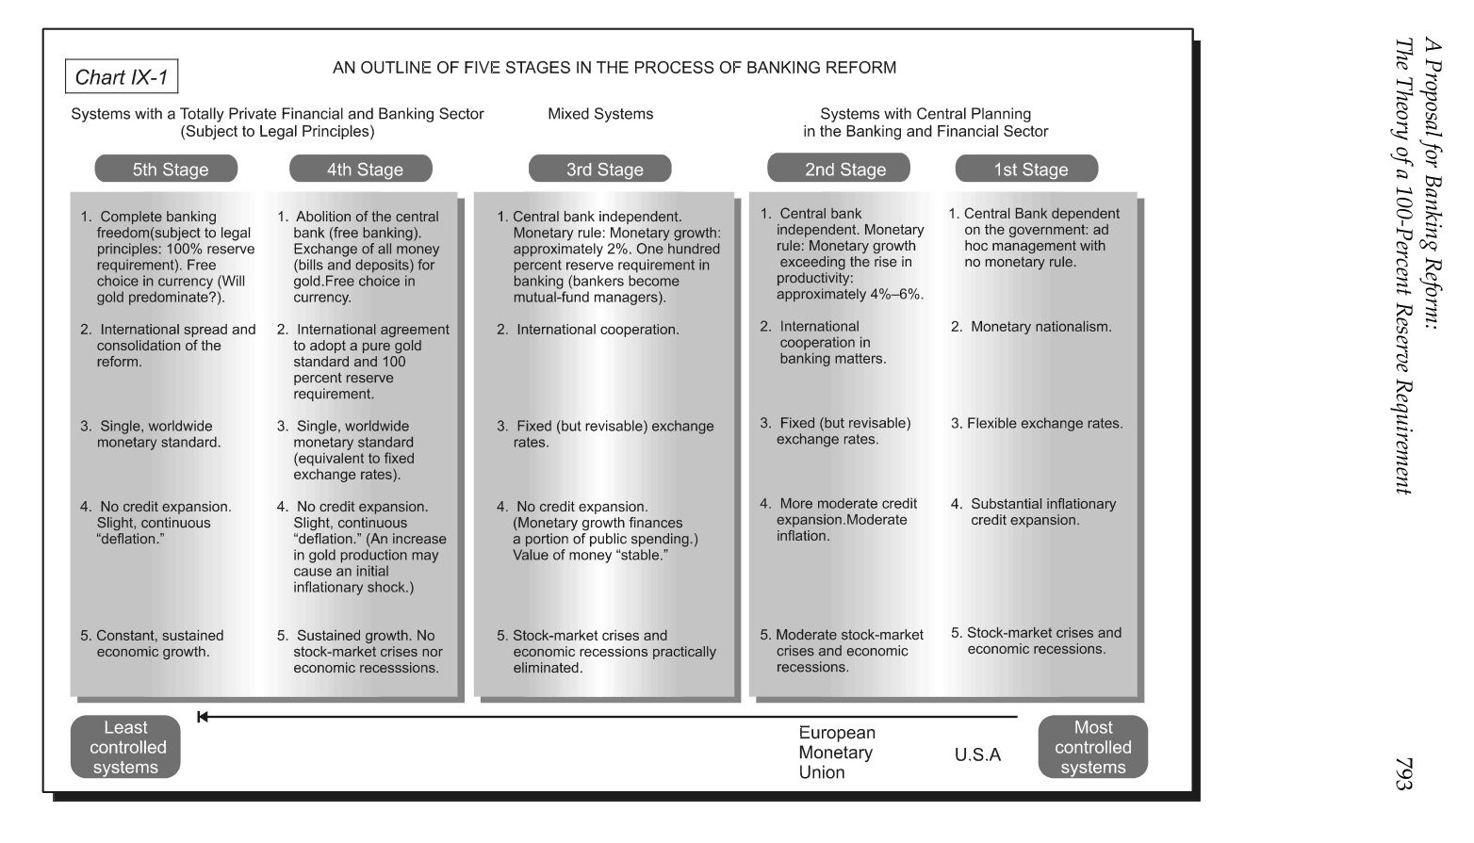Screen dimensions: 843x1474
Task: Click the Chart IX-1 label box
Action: point(122,77)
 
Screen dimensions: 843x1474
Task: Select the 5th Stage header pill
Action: point(167,170)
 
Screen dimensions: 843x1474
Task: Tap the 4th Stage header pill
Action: point(361,170)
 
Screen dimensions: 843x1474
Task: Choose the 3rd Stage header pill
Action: point(600,170)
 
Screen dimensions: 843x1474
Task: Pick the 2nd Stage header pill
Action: point(839,169)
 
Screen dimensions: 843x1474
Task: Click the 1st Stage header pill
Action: point(1026,170)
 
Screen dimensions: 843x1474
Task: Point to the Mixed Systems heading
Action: point(600,114)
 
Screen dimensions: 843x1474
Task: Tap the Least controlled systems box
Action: point(125,747)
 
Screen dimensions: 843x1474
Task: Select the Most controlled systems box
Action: point(1092,747)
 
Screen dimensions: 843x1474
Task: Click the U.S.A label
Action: point(977,754)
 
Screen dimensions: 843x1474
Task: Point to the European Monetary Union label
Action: point(836,753)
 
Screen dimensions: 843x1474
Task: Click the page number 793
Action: point(1403,773)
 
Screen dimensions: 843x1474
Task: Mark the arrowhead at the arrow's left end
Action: point(203,717)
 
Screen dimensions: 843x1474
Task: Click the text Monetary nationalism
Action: point(1040,327)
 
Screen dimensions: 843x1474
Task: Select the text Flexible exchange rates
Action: point(1044,424)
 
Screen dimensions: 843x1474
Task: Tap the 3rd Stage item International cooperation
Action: point(597,330)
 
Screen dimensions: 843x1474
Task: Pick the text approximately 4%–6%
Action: point(849,295)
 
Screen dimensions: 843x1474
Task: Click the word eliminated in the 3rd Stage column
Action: point(548,668)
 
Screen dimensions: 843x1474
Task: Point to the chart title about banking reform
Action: point(614,68)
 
